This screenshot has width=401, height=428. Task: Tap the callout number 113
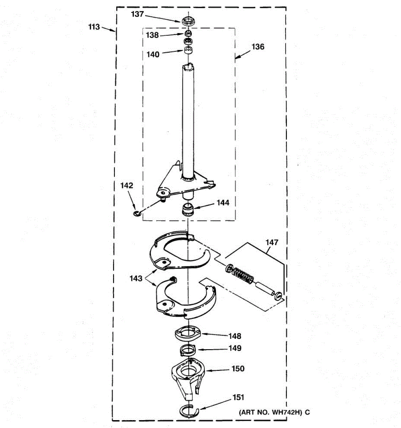pos(94,27)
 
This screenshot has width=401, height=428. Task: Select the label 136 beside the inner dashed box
pos(258,47)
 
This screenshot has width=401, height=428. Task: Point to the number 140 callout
pos(153,55)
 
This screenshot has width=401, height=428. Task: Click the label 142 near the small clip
pos(127,185)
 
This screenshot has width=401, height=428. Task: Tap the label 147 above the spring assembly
pos(272,243)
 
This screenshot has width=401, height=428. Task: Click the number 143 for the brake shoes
pos(136,279)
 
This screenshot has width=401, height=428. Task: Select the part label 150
pos(238,368)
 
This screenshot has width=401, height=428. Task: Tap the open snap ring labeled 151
pos(189,411)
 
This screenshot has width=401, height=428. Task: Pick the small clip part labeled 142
pos(137,214)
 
